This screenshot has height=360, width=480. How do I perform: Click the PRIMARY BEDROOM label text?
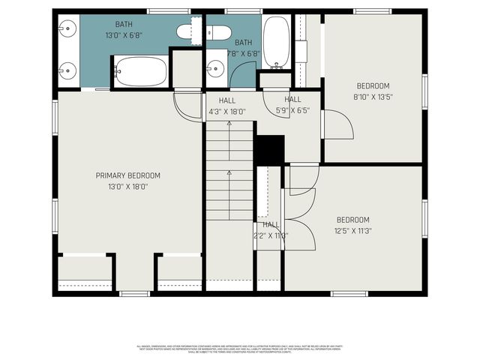pos(127,175)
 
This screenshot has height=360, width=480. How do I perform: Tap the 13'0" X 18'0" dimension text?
pos(127,186)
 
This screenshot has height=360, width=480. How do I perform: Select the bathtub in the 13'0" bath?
pos(140,72)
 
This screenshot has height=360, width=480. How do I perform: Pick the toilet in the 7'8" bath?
pos(218,32)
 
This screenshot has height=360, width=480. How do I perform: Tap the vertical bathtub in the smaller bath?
pos(276,42)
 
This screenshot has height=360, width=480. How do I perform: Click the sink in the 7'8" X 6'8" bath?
pos(216,67)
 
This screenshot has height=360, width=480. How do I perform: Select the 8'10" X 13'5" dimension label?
pos(373,96)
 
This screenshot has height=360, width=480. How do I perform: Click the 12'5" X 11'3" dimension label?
pos(352,230)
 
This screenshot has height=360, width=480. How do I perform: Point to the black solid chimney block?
pos(270,148)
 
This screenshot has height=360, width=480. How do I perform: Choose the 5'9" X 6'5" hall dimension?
pos(292,110)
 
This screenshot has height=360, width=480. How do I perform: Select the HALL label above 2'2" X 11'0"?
pos(271,224)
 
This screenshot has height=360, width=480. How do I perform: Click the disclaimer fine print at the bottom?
pos(239,349)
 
